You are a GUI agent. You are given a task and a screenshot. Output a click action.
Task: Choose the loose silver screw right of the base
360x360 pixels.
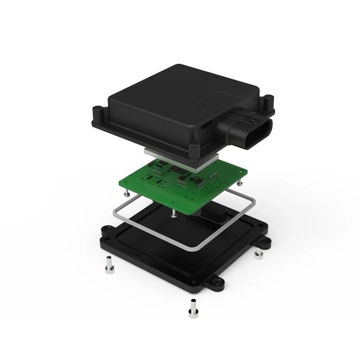point(258,255)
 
